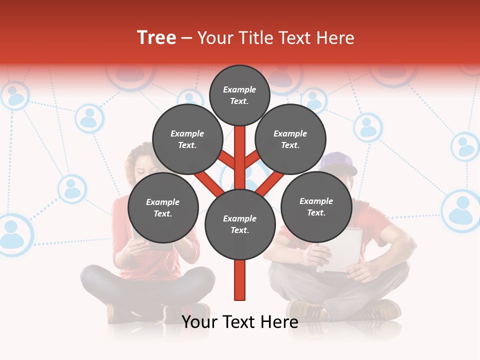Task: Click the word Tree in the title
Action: pos(156,38)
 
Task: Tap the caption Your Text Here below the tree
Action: pos(240,322)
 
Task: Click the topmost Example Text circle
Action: pos(239,95)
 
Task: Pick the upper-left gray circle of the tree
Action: pos(187,139)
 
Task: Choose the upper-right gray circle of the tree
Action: pos(290,139)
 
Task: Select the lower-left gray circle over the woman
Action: pos(163,207)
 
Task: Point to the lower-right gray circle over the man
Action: pos(316,206)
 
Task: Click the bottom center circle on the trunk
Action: pos(240,224)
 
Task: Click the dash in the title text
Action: pos(187,38)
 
